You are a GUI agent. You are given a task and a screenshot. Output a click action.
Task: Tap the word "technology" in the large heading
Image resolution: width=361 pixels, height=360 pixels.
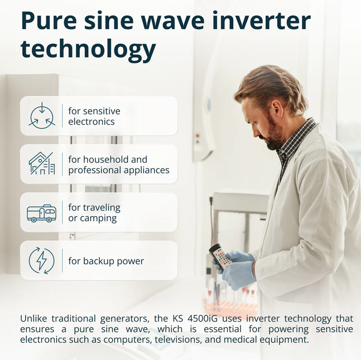tap(88, 49)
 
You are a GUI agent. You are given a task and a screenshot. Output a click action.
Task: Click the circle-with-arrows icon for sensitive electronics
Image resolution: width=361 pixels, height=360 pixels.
tap(42, 116)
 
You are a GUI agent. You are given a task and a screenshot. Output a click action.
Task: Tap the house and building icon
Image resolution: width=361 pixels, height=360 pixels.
tap(42, 164)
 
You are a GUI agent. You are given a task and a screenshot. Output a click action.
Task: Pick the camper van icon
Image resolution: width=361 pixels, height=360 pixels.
tap(41, 213)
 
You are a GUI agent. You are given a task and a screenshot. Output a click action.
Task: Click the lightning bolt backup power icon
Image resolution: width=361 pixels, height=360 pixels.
tap(42, 261)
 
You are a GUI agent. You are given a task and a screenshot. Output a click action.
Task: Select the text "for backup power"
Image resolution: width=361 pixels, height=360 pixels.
tap(106, 261)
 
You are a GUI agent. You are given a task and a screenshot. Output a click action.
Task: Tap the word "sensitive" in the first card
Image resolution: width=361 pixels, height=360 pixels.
tap(102, 111)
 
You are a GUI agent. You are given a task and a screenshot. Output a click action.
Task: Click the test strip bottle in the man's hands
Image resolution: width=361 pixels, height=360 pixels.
tap(220, 256)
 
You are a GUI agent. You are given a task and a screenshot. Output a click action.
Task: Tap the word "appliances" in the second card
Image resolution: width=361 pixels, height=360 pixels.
tap(146, 170)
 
